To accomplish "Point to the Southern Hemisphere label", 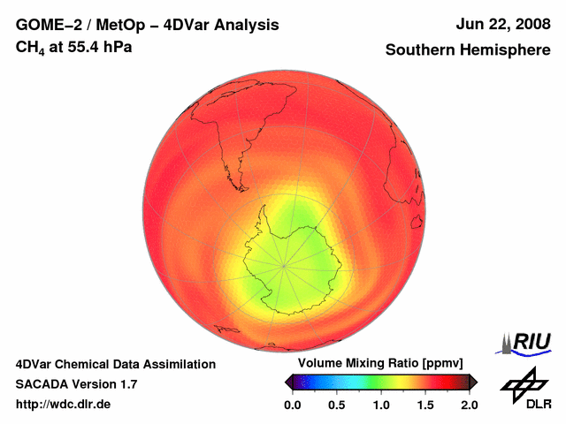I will tap(468, 50).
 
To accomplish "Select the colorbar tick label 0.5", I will tap(336, 405).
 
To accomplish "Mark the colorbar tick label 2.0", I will tap(469, 405).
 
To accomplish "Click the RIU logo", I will tap(527, 342).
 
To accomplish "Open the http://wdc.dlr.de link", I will tap(64, 405).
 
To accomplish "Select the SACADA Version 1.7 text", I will tap(76, 384).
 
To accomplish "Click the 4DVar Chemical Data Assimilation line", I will tap(115, 364).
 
